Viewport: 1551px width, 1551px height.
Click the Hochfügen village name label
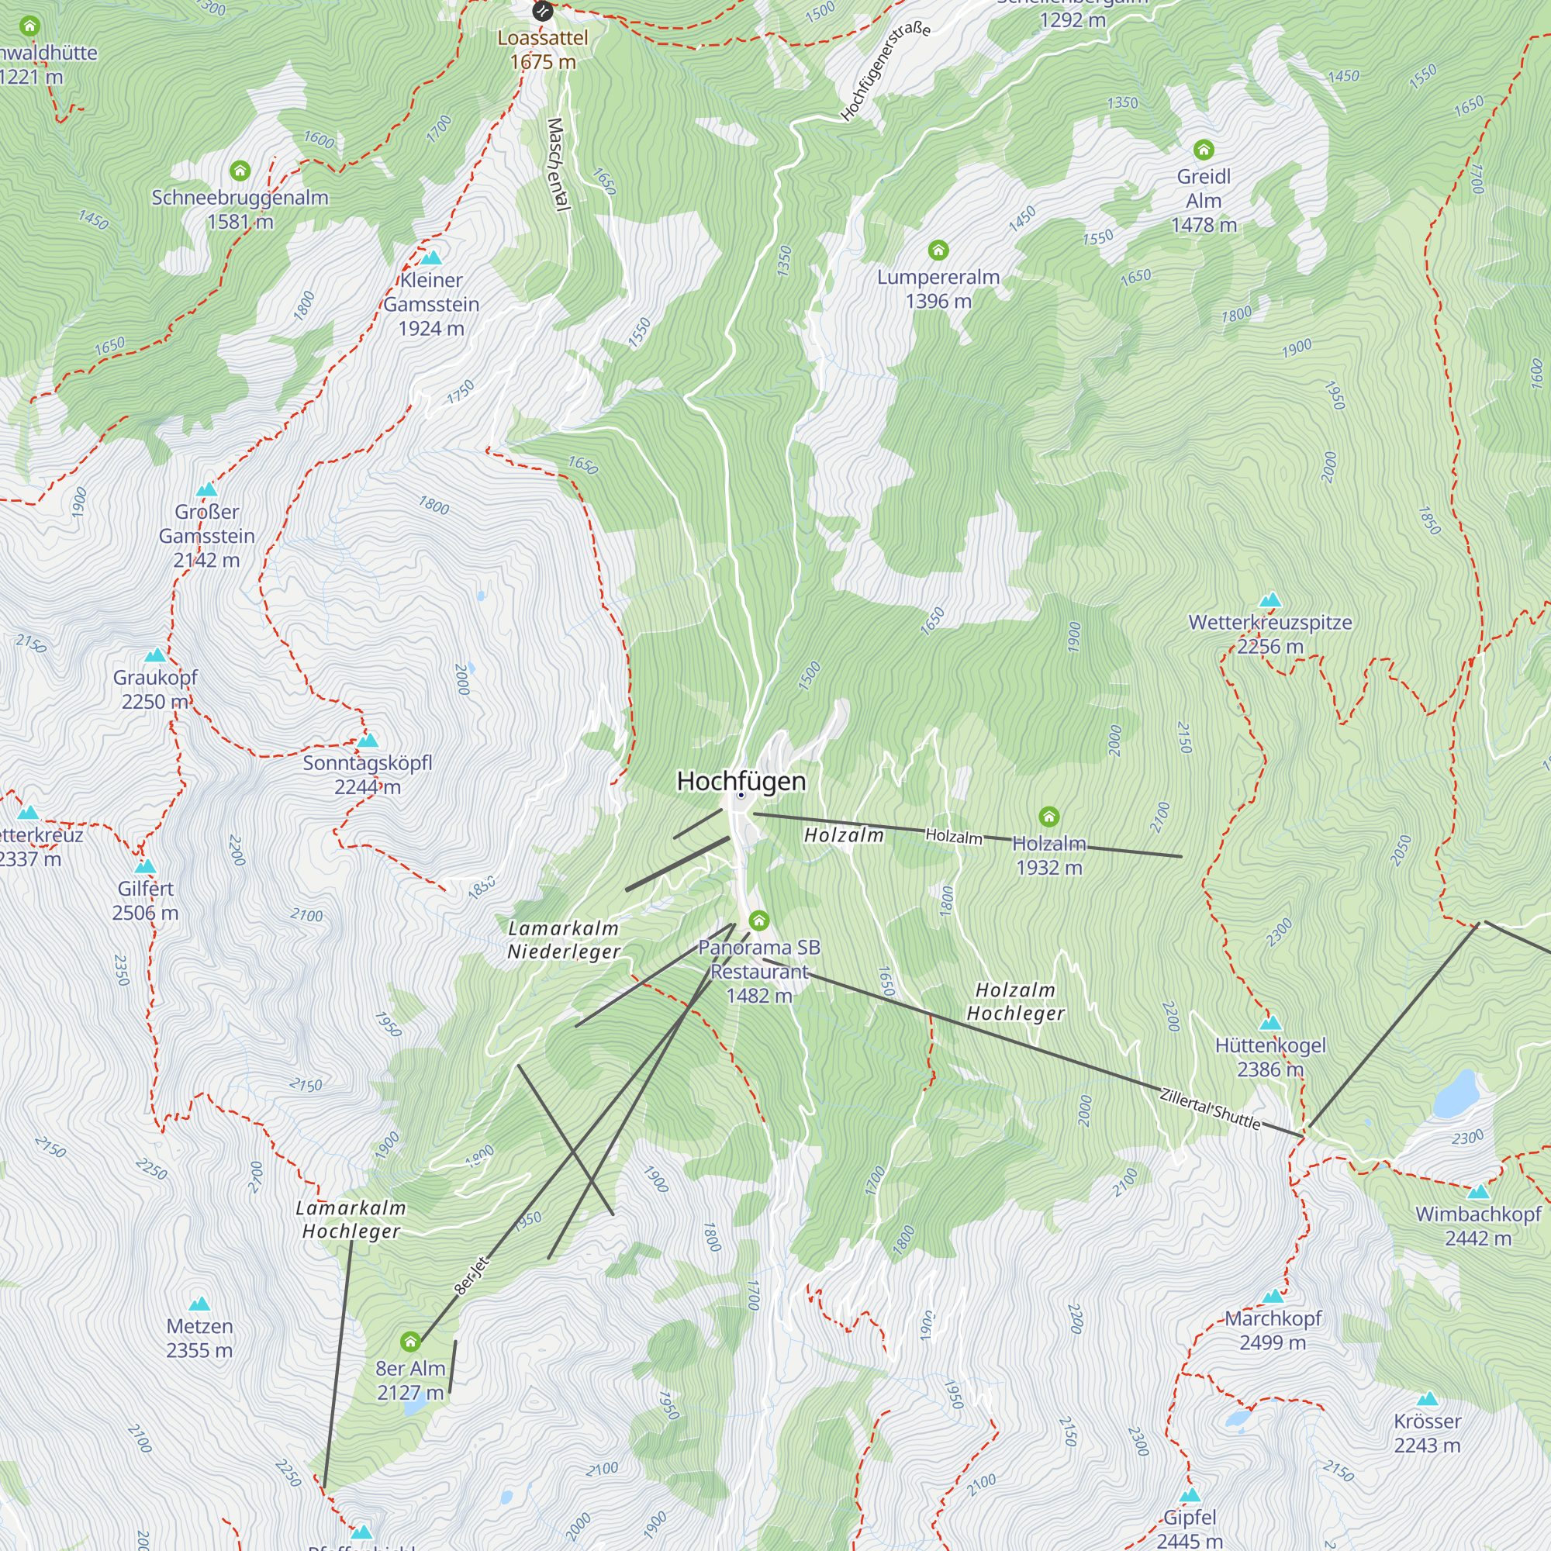(x=740, y=780)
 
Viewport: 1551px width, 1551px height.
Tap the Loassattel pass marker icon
(x=543, y=11)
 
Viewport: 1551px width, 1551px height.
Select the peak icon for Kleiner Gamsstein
(x=431, y=257)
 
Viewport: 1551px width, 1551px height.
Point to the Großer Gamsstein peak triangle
(x=206, y=489)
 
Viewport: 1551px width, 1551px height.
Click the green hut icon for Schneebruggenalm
(x=240, y=170)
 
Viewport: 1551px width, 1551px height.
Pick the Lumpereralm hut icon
(x=938, y=250)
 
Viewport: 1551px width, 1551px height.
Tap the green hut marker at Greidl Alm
(x=1203, y=150)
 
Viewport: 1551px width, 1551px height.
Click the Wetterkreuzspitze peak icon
(x=1269, y=599)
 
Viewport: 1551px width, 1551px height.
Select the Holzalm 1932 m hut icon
(x=1048, y=817)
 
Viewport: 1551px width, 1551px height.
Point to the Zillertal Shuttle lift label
(x=1210, y=1109)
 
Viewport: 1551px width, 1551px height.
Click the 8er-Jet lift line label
(x=472, y=1275)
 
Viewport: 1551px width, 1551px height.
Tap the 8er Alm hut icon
(x=410, y=1341)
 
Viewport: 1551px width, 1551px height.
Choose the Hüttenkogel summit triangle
(x=1269, y=1023)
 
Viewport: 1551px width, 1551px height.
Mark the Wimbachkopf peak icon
(x=1477, y=1191)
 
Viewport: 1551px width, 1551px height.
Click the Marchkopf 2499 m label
(x=1273, y=1329)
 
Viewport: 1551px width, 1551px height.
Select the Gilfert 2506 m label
(x=145, y=900)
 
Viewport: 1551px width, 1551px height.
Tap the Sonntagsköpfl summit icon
(x=368, y=739)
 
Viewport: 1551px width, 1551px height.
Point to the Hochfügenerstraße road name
(x=885, y=71)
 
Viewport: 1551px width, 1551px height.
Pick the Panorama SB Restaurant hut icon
(x=758, y=920)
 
